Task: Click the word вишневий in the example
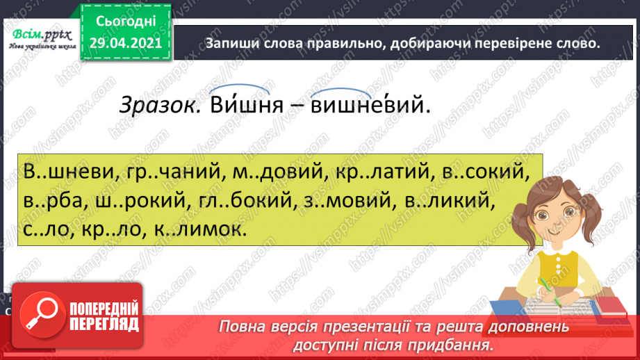click(x=366, y=105)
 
